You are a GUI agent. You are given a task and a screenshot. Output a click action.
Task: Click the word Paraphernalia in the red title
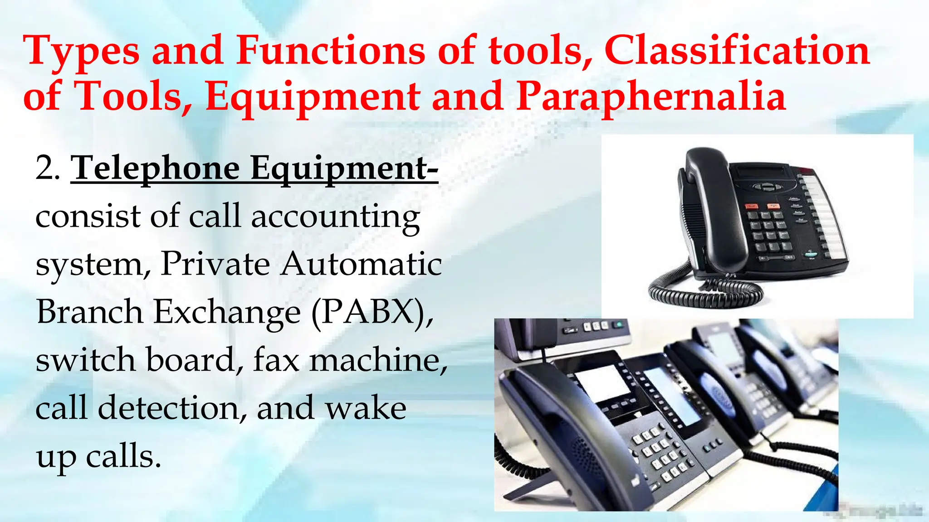650,97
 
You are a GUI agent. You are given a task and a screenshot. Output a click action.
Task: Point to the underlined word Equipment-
344,169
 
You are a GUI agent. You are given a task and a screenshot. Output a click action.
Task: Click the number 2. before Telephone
47,169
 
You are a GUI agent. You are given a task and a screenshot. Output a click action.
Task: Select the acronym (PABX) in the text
372,313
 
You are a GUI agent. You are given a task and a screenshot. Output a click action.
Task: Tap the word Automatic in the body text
361,264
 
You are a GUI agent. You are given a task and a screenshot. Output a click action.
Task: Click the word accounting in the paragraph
335,217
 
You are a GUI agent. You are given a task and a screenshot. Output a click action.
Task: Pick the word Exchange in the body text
227,313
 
